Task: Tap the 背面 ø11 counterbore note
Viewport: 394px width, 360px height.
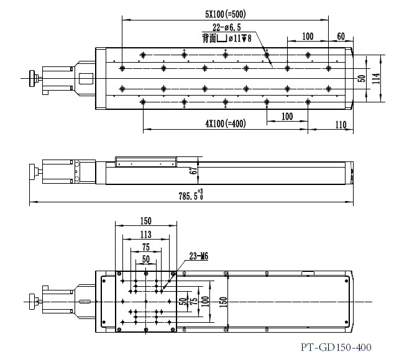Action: (227, 38)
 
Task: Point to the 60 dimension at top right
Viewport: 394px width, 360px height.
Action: (340, 37)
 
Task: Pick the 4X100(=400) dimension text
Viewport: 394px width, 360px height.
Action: (225, 124)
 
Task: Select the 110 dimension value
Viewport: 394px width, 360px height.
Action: (341, 125)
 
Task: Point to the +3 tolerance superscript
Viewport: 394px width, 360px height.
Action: (201, 191)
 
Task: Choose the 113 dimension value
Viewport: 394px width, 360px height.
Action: (145, 234)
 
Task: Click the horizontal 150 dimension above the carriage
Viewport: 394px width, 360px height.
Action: (145, 220)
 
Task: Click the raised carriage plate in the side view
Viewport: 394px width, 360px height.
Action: (144, 162)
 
